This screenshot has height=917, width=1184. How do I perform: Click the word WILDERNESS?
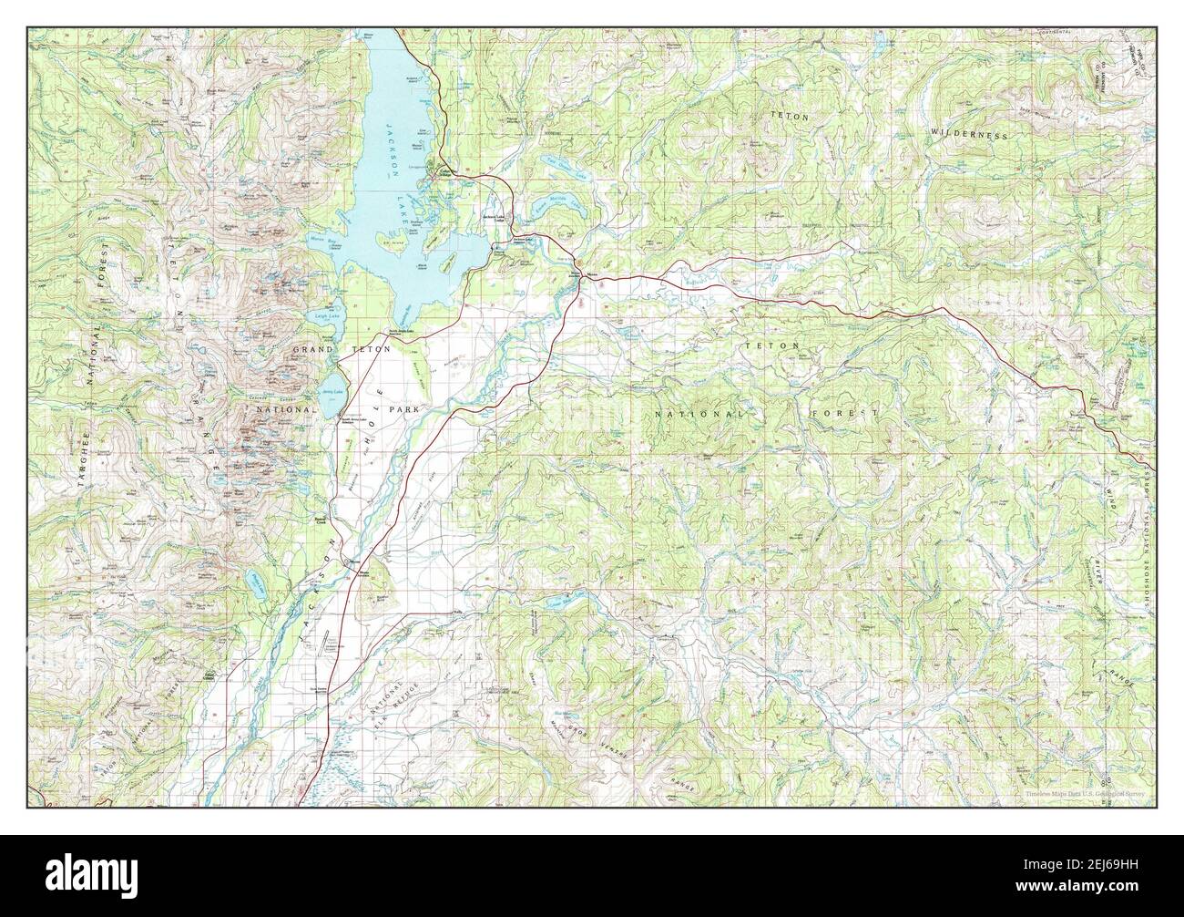pos(969,133)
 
